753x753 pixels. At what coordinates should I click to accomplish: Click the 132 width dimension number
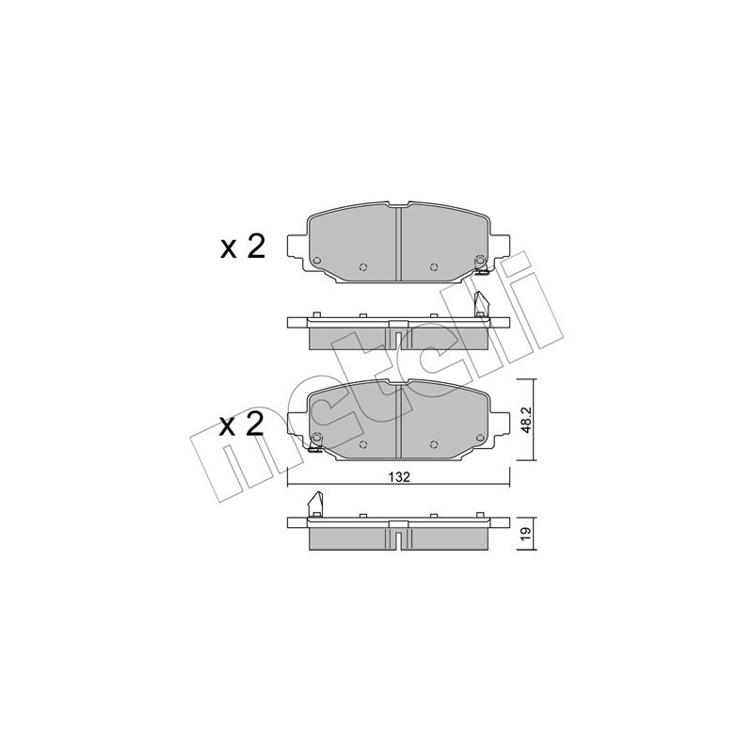coord(399,477)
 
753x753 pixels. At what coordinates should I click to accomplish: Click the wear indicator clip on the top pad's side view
coord(483,304)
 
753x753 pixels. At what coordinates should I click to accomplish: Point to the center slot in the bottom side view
coord(399,538)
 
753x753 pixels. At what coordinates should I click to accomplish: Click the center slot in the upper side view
coord(399,334)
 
